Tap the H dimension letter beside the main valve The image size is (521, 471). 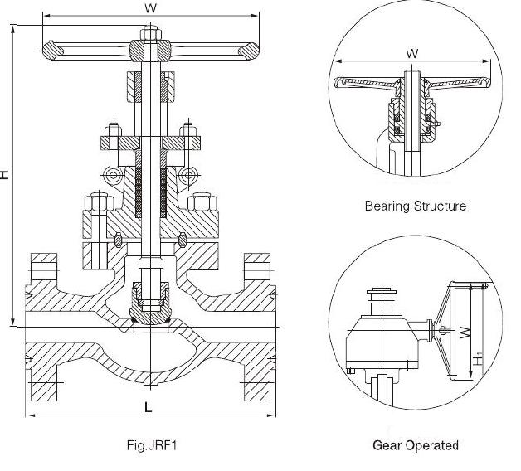coord(6,175)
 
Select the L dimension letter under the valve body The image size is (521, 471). coord(149,407)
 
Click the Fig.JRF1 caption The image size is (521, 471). coord(150,445)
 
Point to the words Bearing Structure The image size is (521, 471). coord(415,206)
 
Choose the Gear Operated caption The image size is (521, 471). coord(416,445)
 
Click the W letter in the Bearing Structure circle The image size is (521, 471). coord(412,54)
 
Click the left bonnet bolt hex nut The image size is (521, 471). coord(96,202)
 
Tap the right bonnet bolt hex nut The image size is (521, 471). coord(202,202)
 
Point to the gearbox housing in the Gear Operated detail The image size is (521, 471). coord(378,340)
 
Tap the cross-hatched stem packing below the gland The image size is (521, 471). coord(149,191)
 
